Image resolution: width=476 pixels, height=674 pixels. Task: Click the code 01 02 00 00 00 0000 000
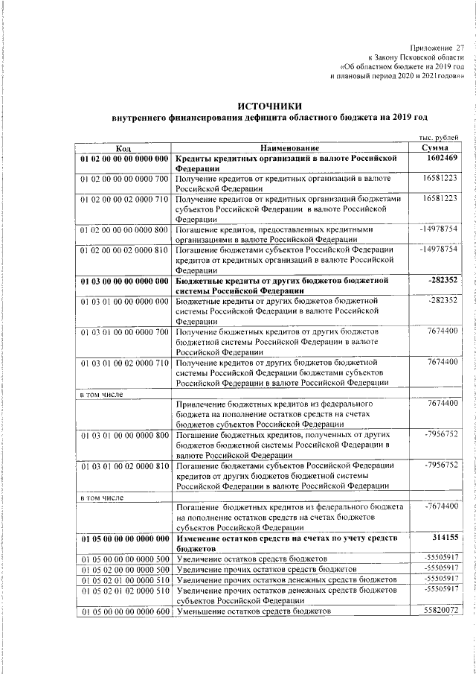pyautogui.click(x=124, y=159)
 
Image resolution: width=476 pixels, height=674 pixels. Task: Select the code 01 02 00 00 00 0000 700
pyautogui.click(x=124, y=179)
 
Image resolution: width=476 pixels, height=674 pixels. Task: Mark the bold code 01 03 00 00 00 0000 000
pyautogui.click(x=124, y=280)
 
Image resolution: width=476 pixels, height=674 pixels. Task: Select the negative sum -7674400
pyautogui.click(x=438, y=506)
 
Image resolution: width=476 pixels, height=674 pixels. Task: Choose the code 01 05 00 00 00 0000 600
pyautogui.click(x=124, y=611)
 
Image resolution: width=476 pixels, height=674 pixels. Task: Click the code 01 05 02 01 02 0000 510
pyautogui.click(x=124, y=590)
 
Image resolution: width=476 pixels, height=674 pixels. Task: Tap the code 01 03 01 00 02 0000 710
pyautogui.click(x=124, y=363)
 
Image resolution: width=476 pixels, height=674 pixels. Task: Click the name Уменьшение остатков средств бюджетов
pyautogui.click(x=253, y=611)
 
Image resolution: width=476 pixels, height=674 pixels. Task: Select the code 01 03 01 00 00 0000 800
pyautogui.click(x=124, y=434)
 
